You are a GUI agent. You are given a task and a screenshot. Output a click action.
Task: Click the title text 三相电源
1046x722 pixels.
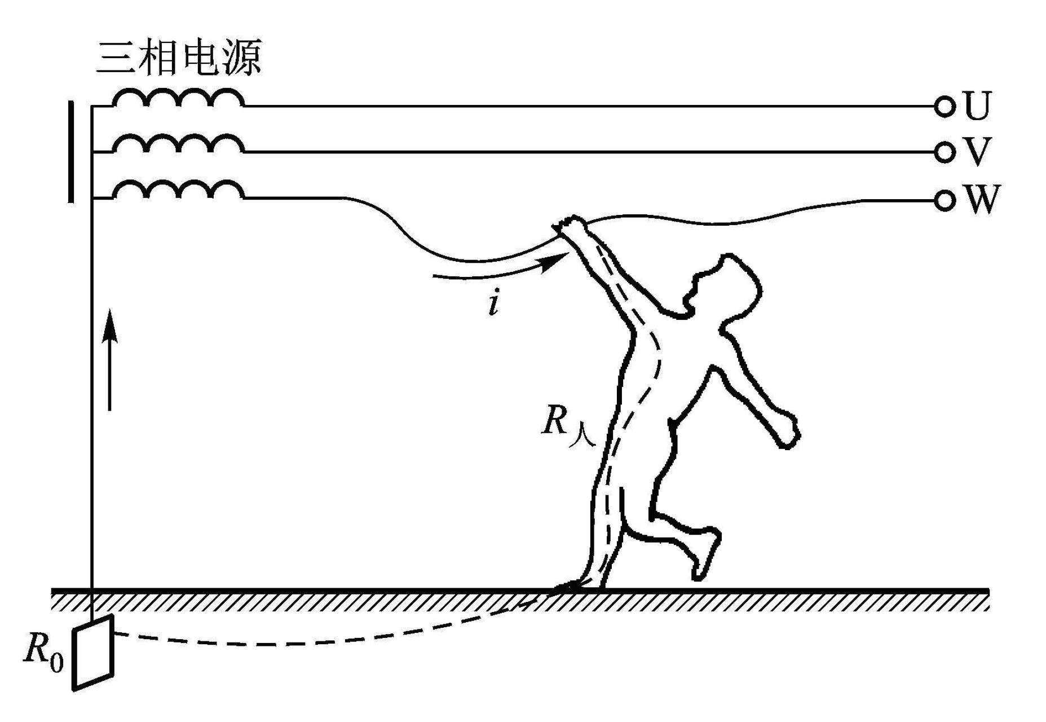[179, 58]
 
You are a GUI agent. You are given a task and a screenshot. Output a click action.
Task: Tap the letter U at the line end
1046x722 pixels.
[977, 106]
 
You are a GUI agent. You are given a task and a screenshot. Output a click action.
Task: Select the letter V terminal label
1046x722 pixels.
[976, 152]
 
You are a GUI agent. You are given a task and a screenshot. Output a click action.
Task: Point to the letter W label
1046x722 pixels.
[981, 199]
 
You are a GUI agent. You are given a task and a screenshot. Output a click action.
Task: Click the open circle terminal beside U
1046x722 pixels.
[944, 107]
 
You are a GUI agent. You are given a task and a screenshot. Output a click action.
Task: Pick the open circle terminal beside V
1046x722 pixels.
[944, 152]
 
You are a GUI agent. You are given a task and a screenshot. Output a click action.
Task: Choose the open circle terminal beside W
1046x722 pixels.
[944, 200]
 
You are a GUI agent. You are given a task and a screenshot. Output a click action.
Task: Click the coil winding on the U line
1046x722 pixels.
[178, 97]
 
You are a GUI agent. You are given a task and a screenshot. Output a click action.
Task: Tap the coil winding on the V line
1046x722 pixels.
[178, 143]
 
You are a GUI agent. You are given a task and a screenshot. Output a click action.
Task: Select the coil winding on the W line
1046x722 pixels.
[178, 190]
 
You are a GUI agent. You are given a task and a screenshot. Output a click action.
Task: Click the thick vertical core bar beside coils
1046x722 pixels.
[71, 151]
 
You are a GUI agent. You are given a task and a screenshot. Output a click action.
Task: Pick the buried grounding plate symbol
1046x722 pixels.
[93, 653]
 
